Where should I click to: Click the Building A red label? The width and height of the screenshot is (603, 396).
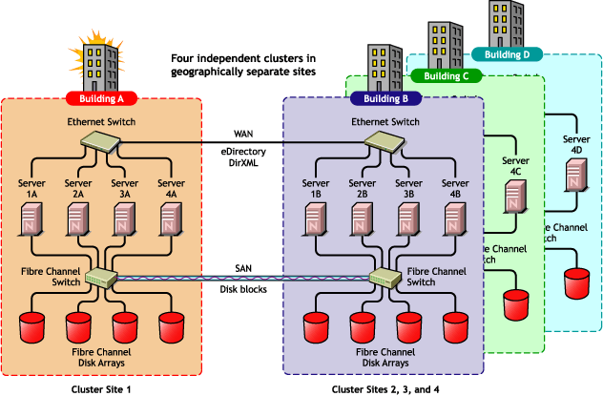(x=102, y=98)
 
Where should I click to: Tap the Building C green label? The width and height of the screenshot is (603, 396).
(x=447, y=76)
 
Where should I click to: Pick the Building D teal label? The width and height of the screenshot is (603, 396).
(x=506, y=54)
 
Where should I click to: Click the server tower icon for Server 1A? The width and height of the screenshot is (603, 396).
(x=33, y=219)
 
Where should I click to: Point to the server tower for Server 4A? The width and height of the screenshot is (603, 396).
(x=171, y=219)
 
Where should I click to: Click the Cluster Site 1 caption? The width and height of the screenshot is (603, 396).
(x=102, y=388)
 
